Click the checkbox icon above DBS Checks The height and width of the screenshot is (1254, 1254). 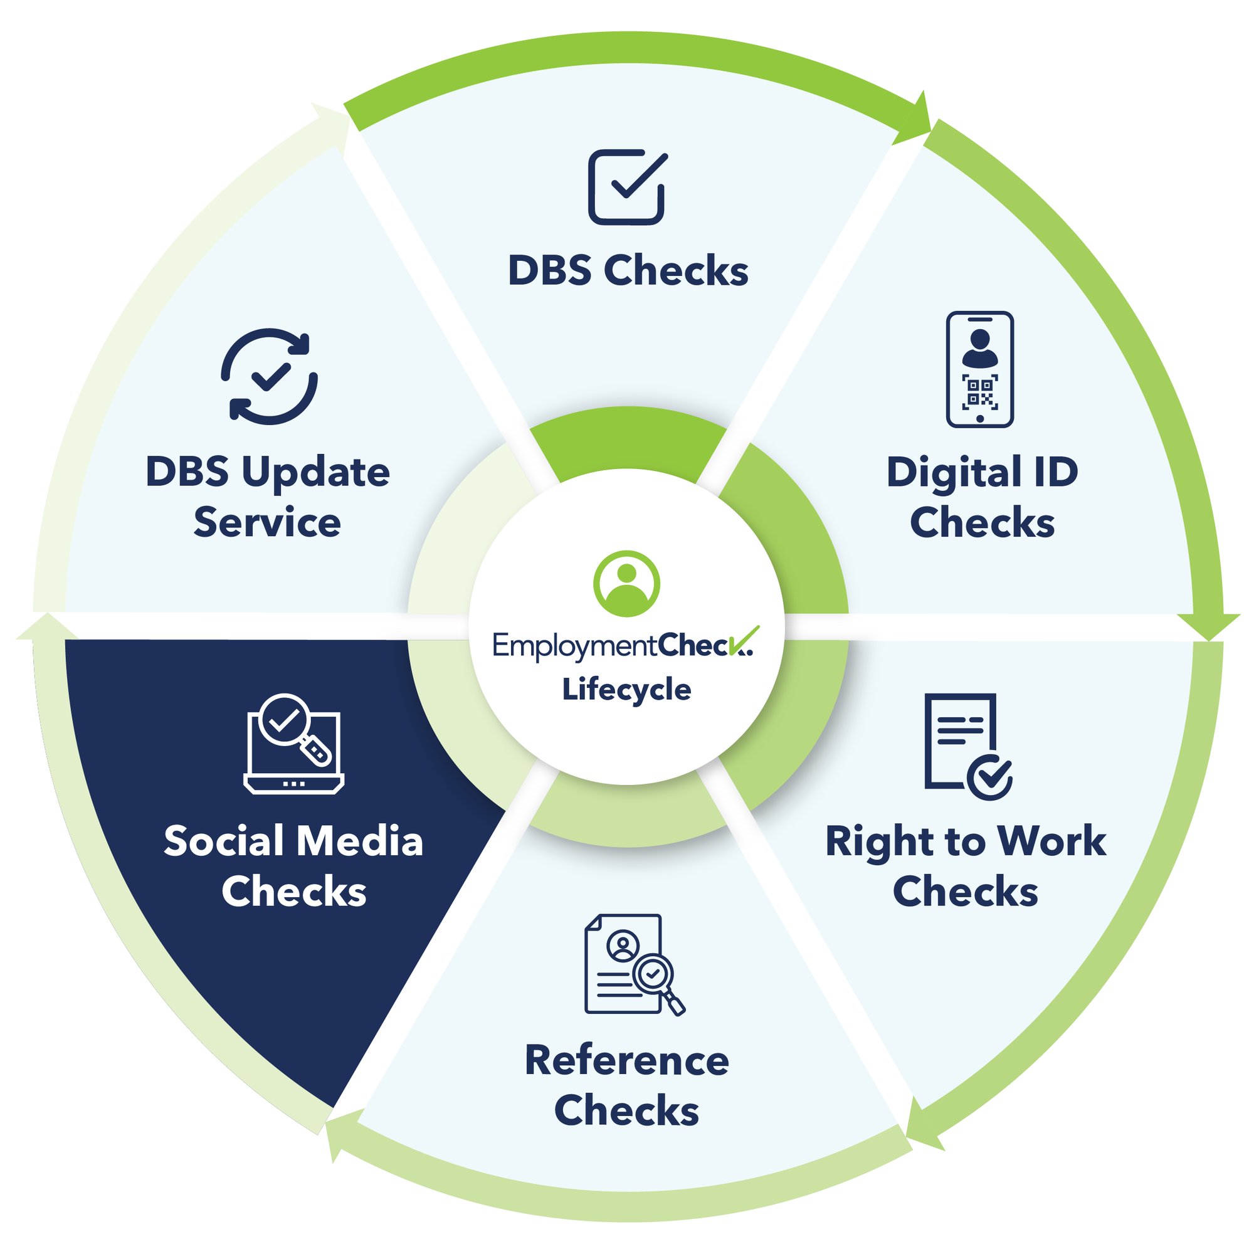tap(627, 187)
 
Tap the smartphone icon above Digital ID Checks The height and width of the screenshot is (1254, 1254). tap(979, 369)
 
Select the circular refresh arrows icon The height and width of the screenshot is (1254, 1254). tap(270, 376)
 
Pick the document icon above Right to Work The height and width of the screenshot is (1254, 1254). tap(966, 746)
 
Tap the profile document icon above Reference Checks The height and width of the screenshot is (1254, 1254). tap(633, 964)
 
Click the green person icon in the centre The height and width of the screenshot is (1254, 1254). tap(626, 584)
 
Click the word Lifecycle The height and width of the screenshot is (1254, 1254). tap(626, 689)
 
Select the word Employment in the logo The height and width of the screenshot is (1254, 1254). tap(574, 646)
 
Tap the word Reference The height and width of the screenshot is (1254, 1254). tap(626, 1062)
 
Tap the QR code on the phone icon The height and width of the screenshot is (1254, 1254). tap(979, 391)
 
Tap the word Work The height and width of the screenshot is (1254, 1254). tap(1051, 842)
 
